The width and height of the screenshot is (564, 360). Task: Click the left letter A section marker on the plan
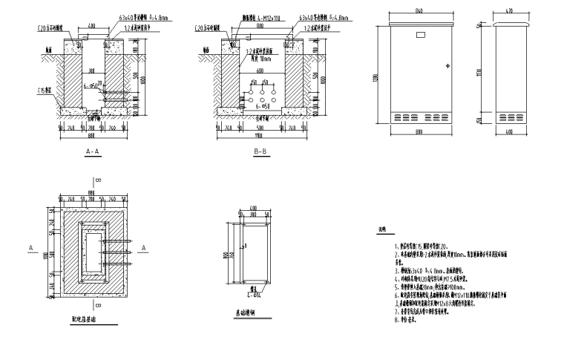30,246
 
